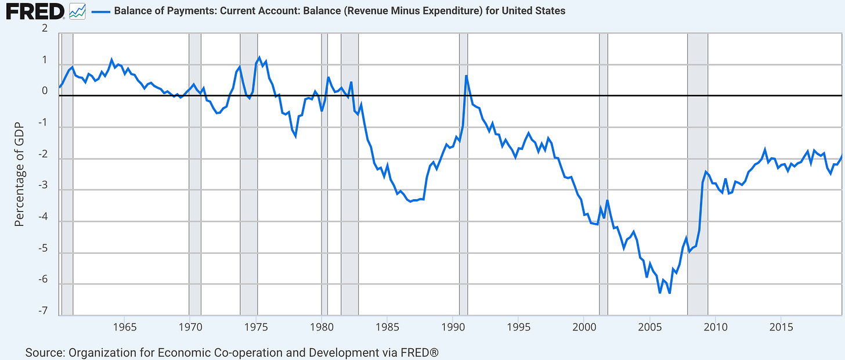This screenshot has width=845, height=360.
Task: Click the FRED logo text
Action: point(34,10)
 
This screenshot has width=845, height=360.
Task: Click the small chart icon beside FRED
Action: point(77,10)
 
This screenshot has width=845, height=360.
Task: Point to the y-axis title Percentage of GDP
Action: point(19,174)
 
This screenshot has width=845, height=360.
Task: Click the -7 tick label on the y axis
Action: point(42,312)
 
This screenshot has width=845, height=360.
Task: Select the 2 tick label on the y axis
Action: point(45,29)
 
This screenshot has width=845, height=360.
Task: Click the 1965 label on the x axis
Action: point(125,326)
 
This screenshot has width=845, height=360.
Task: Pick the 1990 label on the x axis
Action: point(453,326)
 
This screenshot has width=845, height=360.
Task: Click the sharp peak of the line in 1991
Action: point(466,76)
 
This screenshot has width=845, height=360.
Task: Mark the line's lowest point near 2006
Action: point(669,293)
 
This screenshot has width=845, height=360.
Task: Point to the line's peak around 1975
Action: point(259,57)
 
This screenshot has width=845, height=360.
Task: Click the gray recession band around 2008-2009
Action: point(698,174)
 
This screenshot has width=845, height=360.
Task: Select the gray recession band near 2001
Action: point(604,174)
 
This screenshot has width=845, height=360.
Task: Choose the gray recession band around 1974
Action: point(249,174)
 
